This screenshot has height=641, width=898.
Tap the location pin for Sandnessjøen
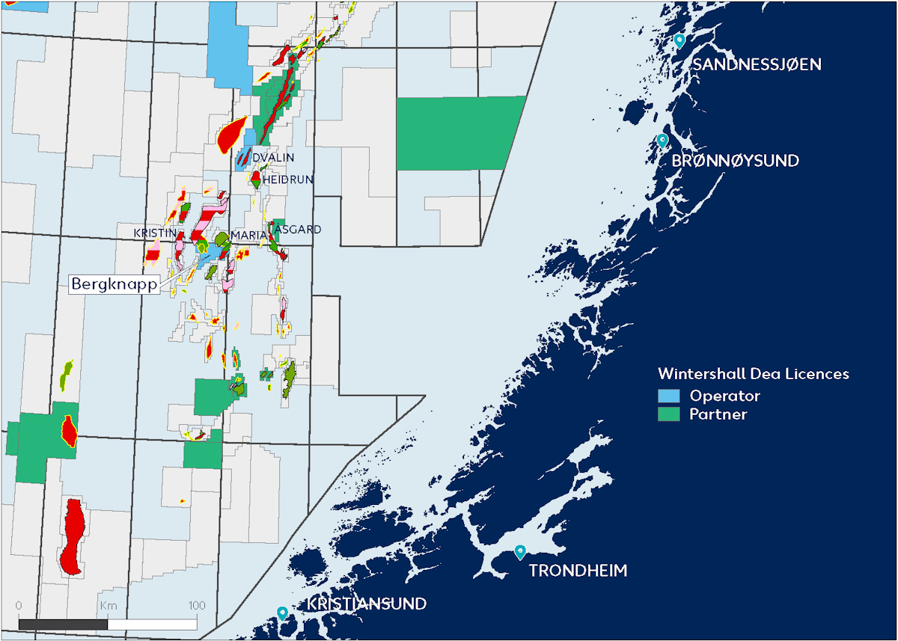click(x=679, y=40)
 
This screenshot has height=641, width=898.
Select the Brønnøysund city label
click(x=736, y=161)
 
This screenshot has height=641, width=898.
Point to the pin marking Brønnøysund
click(x=662, y=141)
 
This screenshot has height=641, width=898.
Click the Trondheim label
click(x=578, y=571)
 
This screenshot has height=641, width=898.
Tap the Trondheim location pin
click(x=520, y=552)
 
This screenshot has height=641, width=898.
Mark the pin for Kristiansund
click(x=282, y=613)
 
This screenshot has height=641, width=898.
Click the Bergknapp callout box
click(x=115, y=284)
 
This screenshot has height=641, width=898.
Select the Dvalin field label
click(x=273, y=158)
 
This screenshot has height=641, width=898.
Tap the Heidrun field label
click(x=287, y=180)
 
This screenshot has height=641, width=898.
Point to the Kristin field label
click(x=155, y=233)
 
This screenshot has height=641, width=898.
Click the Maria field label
click(x=248, y=236)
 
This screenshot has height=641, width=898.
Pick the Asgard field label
click(x=299, y=229)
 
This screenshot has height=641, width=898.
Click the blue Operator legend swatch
click(x=668, y=396)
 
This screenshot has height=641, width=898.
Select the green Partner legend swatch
click(x=668, y=414)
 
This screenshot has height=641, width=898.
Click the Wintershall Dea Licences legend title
click(x=754, y=374)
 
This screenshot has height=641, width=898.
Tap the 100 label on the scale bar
click(x=197, y=605)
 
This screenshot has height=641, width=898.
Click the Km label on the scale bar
click(x=108, y=605)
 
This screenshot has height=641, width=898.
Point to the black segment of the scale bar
click(x=63, y=623)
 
